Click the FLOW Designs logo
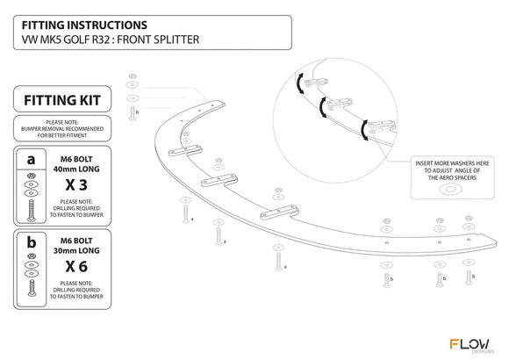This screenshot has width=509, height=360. pyautogui.click(x=471, y=346)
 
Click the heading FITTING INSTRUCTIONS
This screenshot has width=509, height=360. pyautogui.click(x=84, y=25)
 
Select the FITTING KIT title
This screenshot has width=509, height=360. pyautogui.click(x=62, y=100)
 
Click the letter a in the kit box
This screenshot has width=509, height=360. pyautogui.click(x=31, y=160)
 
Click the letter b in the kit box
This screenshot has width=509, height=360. pyautogui.click(x=32, y=242)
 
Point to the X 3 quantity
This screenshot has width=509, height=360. pyautogui.click(x=76, y=185)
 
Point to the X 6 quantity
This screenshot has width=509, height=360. pyautogui.click(x=76, y=266)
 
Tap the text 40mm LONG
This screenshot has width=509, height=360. pyautogui.click(x=76, y=169)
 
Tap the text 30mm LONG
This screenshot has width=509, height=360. pyautogui.click(x=76, y=251)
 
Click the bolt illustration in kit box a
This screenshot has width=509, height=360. pyautogui.click(x=32, y=211)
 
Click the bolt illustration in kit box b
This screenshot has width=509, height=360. pyautogui.click(x=32, y=288)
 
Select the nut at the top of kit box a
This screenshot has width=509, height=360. pyautogui.click(x=32, y=176)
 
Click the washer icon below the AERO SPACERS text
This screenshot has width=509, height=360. pyautogui.click(x=449, y=189)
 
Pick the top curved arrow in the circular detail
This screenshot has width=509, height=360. pyautogui.click(x=299, y=83)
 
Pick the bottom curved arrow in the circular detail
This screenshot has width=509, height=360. pyautogui.click(x=363, y=130)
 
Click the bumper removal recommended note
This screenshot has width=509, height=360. pyautogui.click(x=62, y=129)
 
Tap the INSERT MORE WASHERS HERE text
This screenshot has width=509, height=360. pyautogui.click(x=452, y=163)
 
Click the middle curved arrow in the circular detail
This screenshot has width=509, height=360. pyautogui.click(x=322, y=107)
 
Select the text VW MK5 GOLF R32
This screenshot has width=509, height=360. pyautogui.click(x=65, y=40)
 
